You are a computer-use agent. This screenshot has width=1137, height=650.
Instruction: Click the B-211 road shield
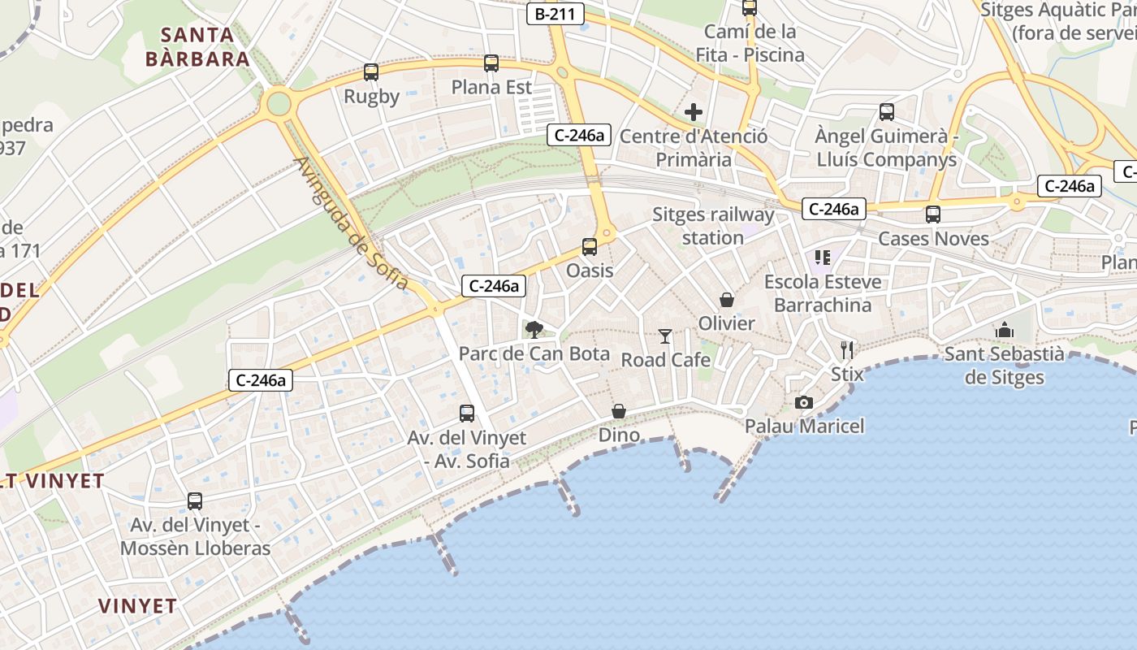pyautogui.click(x=556, y=13)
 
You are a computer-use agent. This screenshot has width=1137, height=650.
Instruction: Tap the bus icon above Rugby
pyautogui.click(x=371, y=72)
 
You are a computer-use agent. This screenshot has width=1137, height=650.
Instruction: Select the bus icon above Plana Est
pyautogui.click(x=491, y=63)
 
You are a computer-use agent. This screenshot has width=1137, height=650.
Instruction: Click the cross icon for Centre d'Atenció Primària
pyautogui.click(x=694, y=112)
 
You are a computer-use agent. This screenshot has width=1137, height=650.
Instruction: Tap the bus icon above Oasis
pyautogui.click(x=590, y=247)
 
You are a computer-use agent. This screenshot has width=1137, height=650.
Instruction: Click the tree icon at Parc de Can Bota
pyautogui.click(x=534, y=329)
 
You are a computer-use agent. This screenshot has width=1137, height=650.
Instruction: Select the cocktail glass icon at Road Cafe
pyautogui.click(x=666, y=336)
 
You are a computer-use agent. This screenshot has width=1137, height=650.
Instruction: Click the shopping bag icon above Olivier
pyautogui.click(x=727, y=300)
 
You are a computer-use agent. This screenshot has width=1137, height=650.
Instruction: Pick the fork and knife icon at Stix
pyautogui.click(x=847, y=350)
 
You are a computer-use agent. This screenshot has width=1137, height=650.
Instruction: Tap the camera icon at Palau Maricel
pyautogui.click(x=804, y=402)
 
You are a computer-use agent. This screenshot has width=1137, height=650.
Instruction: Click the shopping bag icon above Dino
pyautogui.click(x=619, y=411)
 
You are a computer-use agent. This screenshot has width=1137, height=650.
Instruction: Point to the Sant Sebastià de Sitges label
pyautogui.click(x=1005, y=366)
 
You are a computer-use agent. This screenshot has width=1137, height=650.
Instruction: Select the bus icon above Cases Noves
pyautogui.click(x=933, y=214)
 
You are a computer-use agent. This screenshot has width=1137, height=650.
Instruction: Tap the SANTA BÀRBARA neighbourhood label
pyautogui.click(x=197, y=47)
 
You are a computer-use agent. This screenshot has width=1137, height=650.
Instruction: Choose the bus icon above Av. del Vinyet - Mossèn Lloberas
pyautogui.click(x=195, y=501)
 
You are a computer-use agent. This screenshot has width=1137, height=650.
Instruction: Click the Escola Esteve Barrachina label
pyautogui.click(x=823, y=293)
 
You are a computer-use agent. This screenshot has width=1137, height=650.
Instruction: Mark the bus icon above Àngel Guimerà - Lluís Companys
pyautogui.click(x=887, y=112)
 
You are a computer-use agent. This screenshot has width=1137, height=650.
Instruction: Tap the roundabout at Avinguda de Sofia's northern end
pyautogui.click(x=278, y=103)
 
